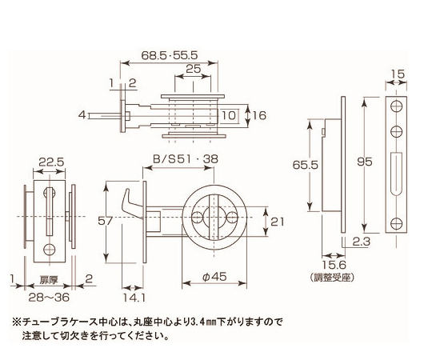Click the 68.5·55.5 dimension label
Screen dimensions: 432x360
170,55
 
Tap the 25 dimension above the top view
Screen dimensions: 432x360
194,69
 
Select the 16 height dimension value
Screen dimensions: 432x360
259,115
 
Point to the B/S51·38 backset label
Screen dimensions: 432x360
186,159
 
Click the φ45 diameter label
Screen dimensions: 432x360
214,277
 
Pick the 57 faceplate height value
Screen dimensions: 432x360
106,221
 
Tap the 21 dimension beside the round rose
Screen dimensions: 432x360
277,222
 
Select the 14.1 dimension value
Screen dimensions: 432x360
134,298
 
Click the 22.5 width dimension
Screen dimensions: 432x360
51,162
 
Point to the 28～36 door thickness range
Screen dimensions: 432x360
49,298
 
